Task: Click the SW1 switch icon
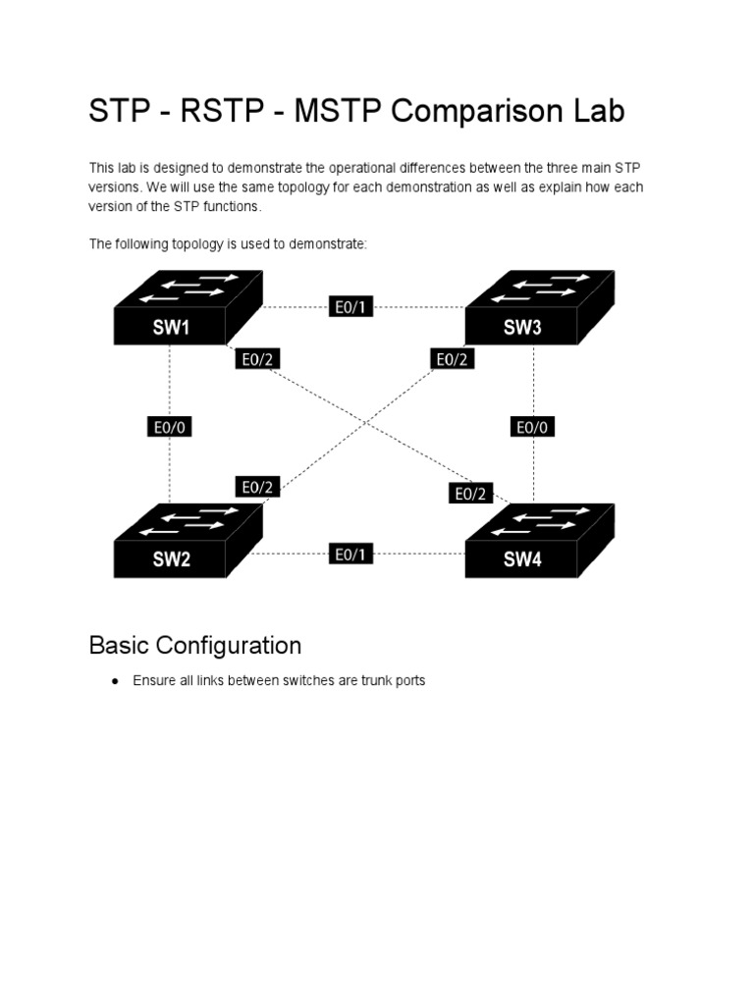pyautogui.click(x=187, y=308)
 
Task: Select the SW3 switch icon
pyautogui.click(x=538, y=308)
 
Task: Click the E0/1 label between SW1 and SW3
pyautogui.click(x=350, y=307)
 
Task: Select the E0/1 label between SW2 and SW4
pyautogui.click(x=350, y=555)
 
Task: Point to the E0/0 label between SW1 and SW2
pyautogui.click(x=170, y=427)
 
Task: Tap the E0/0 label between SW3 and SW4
pyautogui.click(x=534, y=427)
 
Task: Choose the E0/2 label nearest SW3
pyautogui.click(x=453, y=359)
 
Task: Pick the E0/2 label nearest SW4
pyautogui.click(x=470, y=494)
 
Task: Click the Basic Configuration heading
pyautogui.click(x=194, y=645)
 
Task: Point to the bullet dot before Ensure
pyautogui.click(x=115, y=680)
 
